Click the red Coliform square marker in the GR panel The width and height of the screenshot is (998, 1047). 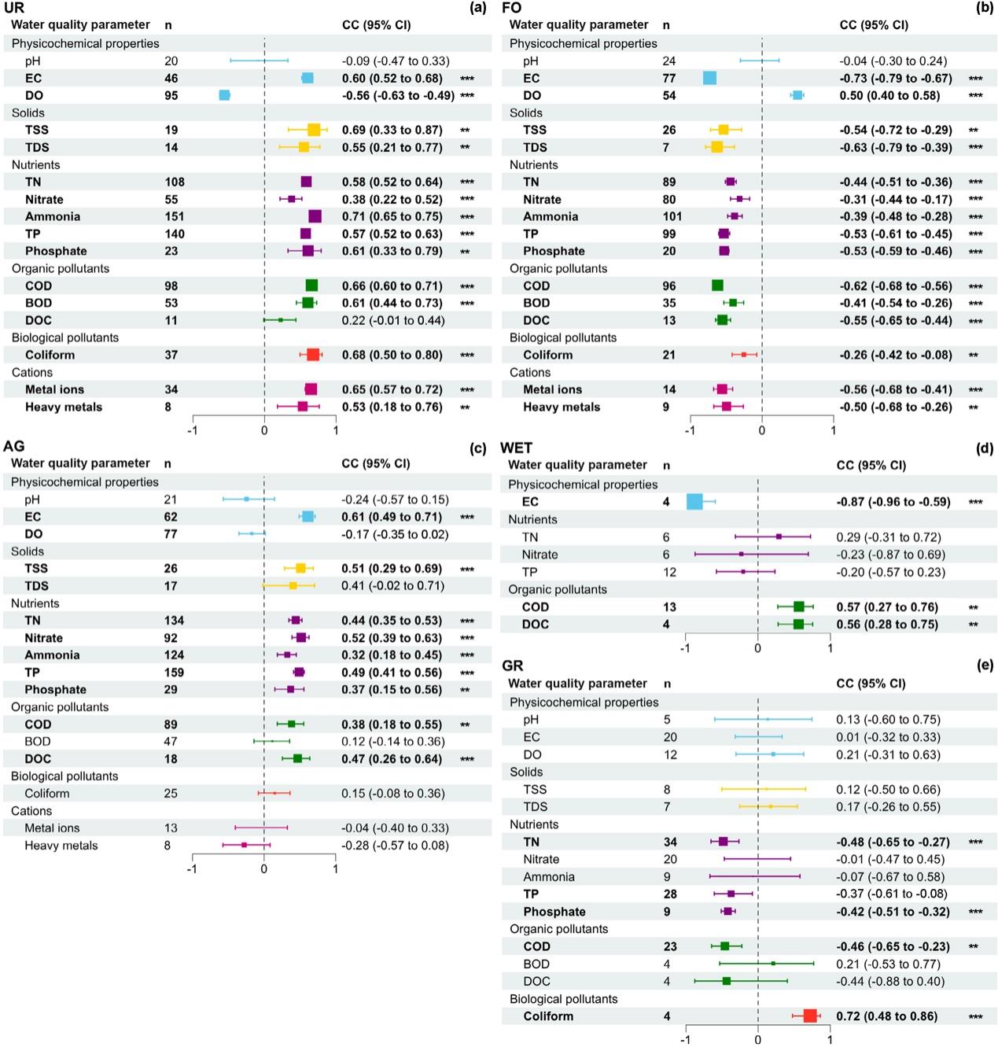pos(810,1016)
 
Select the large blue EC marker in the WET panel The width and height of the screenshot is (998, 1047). pos(694,502)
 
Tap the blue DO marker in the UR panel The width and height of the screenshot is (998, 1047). pos(224,95)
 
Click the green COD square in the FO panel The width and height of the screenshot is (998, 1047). pos(717,286)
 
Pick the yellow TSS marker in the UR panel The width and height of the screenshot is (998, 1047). pos(314,130)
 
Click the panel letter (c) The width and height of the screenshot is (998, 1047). pos(477,448)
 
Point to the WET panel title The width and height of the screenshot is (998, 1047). pos(517,448)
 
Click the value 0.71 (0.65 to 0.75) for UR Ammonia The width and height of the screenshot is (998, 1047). pos(392,216)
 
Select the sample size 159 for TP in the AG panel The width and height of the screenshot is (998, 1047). pos(174,673)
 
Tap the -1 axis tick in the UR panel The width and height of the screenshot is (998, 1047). pos(193,430)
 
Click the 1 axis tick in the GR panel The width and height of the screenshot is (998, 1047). pos(830,1040)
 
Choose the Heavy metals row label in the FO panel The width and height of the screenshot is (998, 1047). pos(562,407)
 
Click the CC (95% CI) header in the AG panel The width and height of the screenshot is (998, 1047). pos(376,463)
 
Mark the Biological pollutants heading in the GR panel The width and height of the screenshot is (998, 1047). pos(563,999)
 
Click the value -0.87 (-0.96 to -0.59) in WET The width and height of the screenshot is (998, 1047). pos(893,502)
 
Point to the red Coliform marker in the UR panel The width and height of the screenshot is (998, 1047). pos(313,355)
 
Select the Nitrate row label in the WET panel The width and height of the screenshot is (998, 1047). pos(540,555)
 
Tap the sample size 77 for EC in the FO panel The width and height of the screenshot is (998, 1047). pos(669,78)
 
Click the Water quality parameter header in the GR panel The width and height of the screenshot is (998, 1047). pos(577,684)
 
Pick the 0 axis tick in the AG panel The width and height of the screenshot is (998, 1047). pos(263,869)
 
